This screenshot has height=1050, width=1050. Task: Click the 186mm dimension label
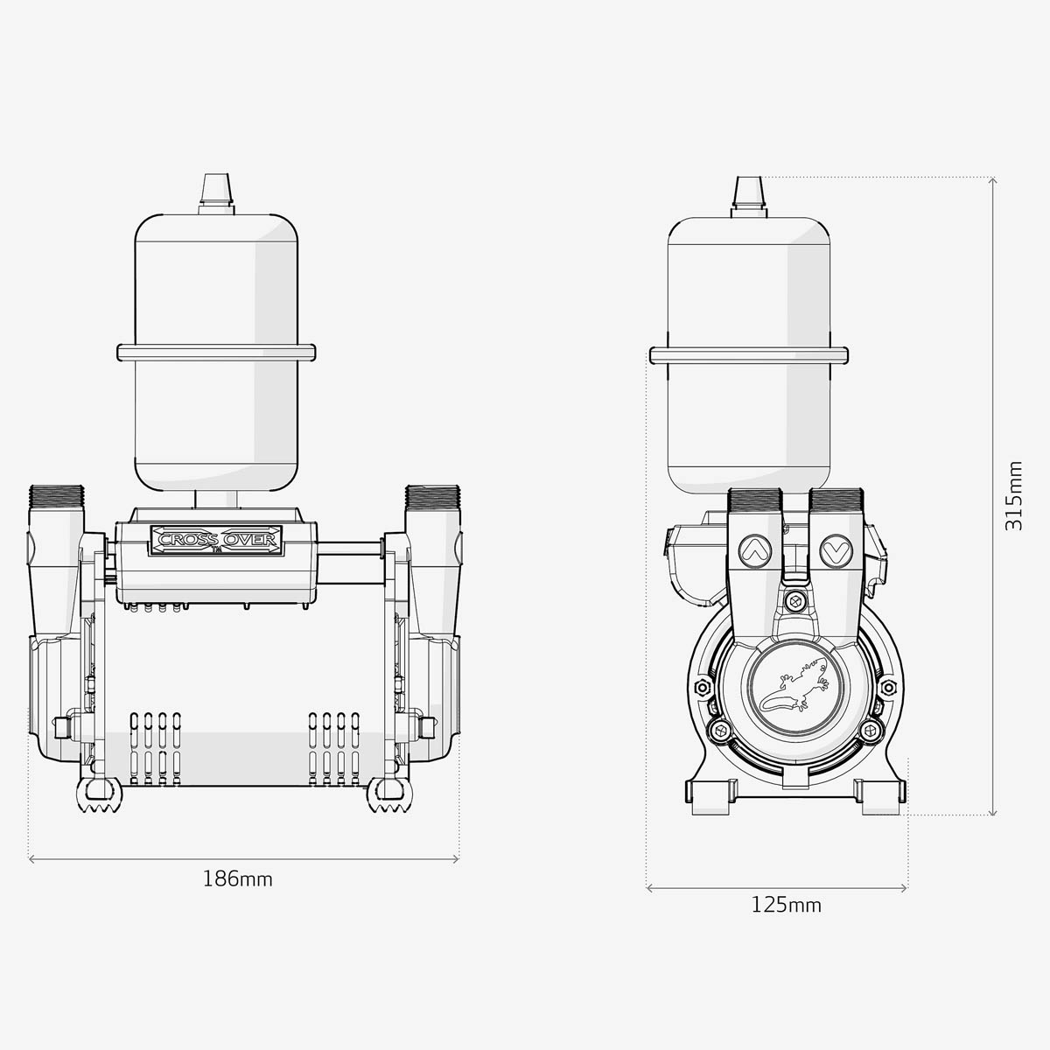[x=238, y=878]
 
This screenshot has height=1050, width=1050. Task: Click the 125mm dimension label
[x=786, y=905]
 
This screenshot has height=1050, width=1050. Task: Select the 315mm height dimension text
[x=1013, y=495]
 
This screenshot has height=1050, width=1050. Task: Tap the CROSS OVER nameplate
[x=216, y=539]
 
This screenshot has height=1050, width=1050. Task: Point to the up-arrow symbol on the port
[x=752, y=550]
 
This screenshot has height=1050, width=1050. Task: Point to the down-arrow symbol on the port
[x=833, y=550]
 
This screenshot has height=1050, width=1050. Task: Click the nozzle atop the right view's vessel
[x=748, y=194]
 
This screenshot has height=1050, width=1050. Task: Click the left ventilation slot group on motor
[x=156, y=748]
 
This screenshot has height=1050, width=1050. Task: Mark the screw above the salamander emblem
[x=794, y=602]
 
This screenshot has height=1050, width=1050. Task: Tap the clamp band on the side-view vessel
[x=748, y=354]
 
